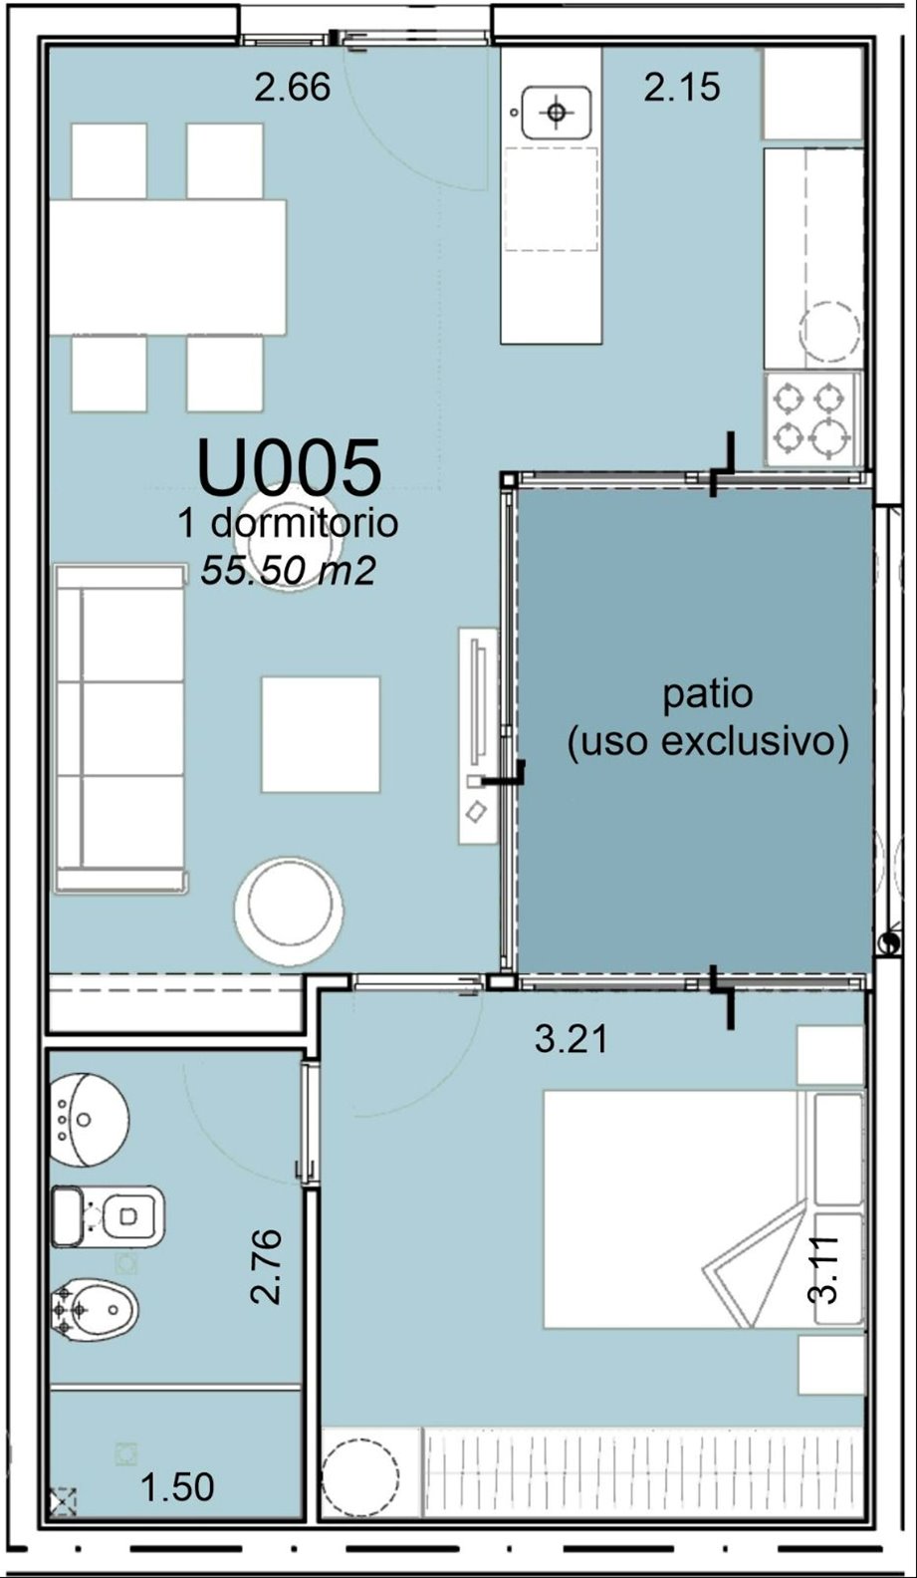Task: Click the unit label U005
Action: (x=290, y=466)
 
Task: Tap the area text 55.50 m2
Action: (x=287, y=571)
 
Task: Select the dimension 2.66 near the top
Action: (x=293, y=89)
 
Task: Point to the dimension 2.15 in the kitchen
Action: (x=682, y=88)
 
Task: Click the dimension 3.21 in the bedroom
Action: (x=571, y=1039)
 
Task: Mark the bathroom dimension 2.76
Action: (x=268, y=1266)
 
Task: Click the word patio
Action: (x=708, y=694)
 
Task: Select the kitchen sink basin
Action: (x=557, y=113)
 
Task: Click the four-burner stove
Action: (x=812, y=419)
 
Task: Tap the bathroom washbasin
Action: (x=88, y=1120)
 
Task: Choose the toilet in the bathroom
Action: (x=108, y=1216)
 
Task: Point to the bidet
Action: (x=95, y=1310)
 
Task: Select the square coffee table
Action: (x=321, y=735)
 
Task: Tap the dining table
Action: (x=167, y=268)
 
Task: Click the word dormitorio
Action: (x=305, y=523)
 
